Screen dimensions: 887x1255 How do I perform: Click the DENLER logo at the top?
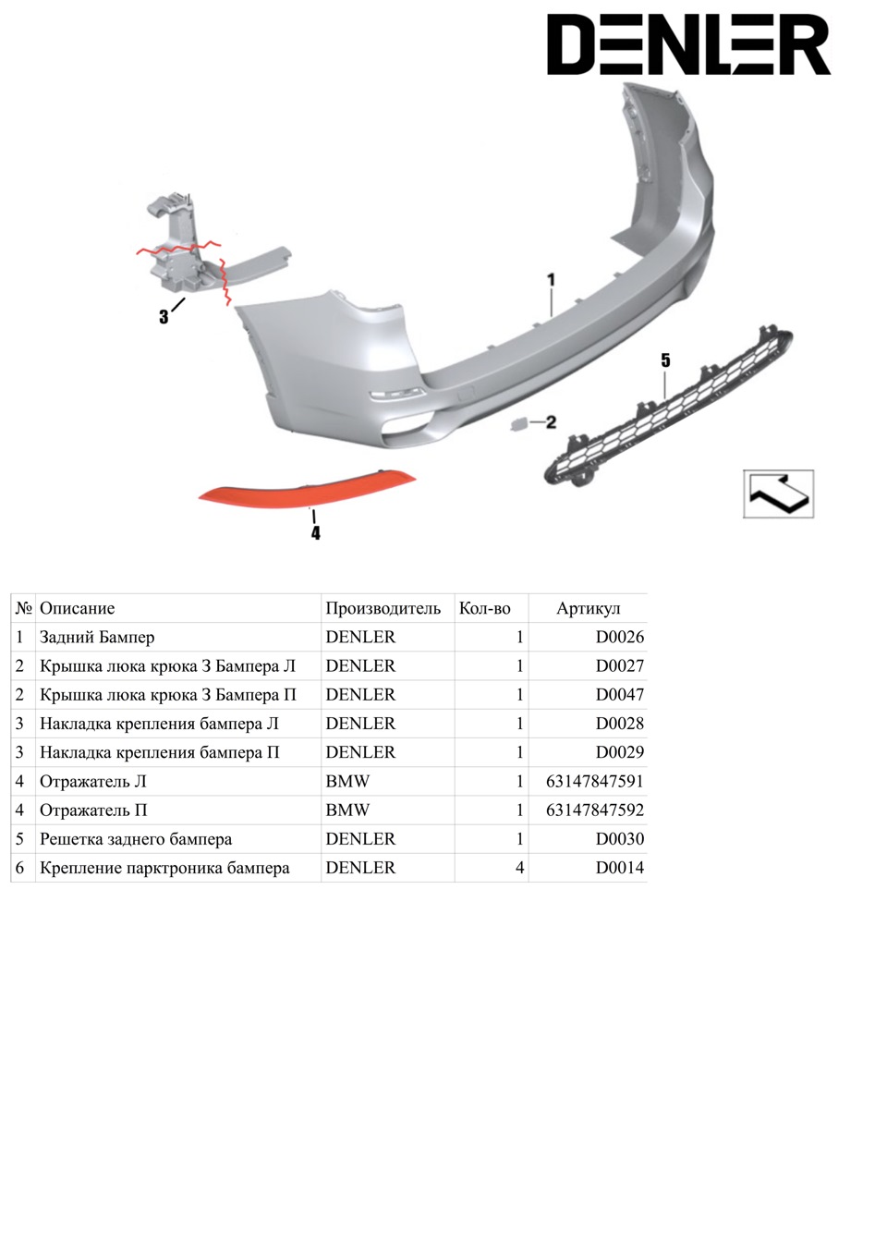[x=688, y=44]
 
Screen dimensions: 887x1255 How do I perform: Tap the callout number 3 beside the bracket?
[x=164, y=317]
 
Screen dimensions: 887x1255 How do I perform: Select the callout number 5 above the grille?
[x=665, y=360]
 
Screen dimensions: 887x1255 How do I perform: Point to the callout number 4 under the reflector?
[x=316, y=533]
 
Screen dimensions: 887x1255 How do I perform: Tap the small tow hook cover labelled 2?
[x=516, y=425]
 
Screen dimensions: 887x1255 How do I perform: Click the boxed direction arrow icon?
[x=778, y=493]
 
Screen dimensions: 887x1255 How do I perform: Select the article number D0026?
[x=620, y=637]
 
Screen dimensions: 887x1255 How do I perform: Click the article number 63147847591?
[x=595, y=781]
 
